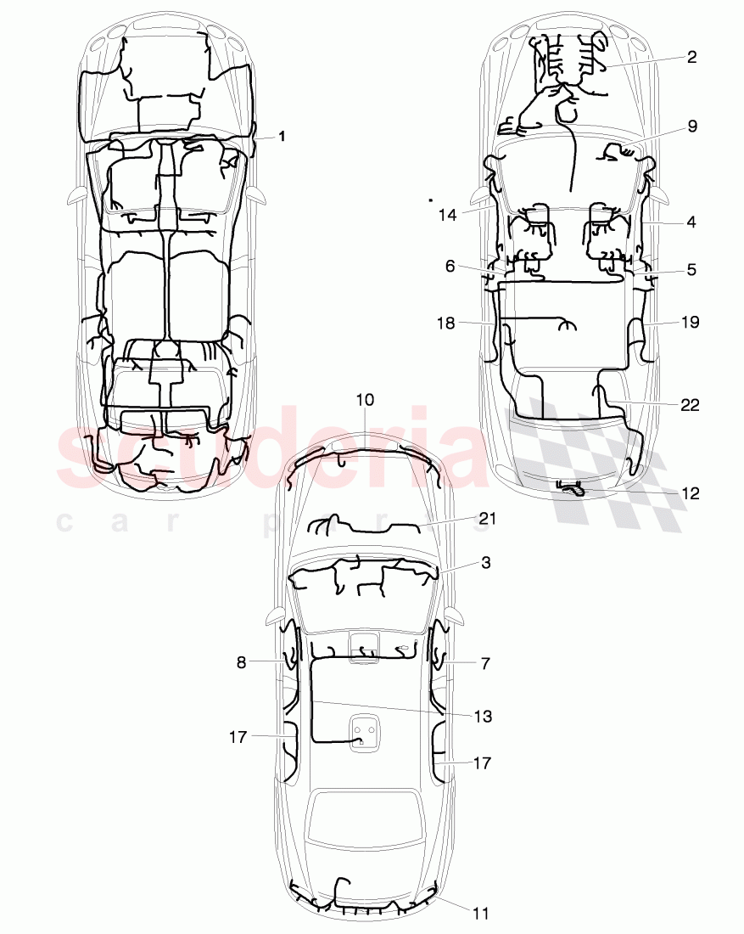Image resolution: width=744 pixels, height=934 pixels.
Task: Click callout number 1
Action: [282, 136]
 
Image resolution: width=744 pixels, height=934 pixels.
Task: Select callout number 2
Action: [691, 57]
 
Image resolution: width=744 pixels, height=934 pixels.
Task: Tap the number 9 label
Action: [692, 126]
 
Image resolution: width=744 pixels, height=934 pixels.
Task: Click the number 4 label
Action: [691, 222]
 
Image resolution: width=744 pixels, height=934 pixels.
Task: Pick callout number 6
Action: [450, 266]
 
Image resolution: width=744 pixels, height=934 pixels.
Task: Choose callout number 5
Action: [691, 270]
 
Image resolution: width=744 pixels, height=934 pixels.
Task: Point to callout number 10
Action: [365, 399]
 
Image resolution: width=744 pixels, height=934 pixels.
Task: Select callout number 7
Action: [485, 663]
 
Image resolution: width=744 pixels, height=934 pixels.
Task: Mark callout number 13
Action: [483, 717]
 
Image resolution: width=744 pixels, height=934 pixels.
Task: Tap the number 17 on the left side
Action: [238, 737]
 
